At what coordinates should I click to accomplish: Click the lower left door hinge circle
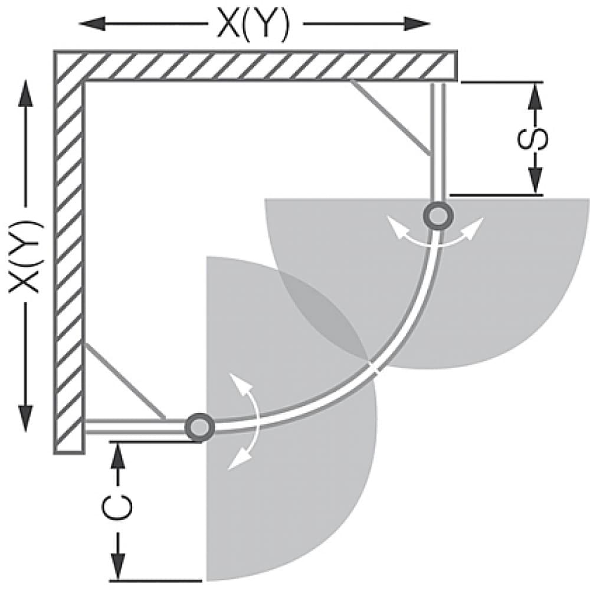tap(199, 426)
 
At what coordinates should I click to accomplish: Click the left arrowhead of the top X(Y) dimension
tap(91, 24)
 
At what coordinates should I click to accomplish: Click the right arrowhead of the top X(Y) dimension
tap(419, 24)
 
